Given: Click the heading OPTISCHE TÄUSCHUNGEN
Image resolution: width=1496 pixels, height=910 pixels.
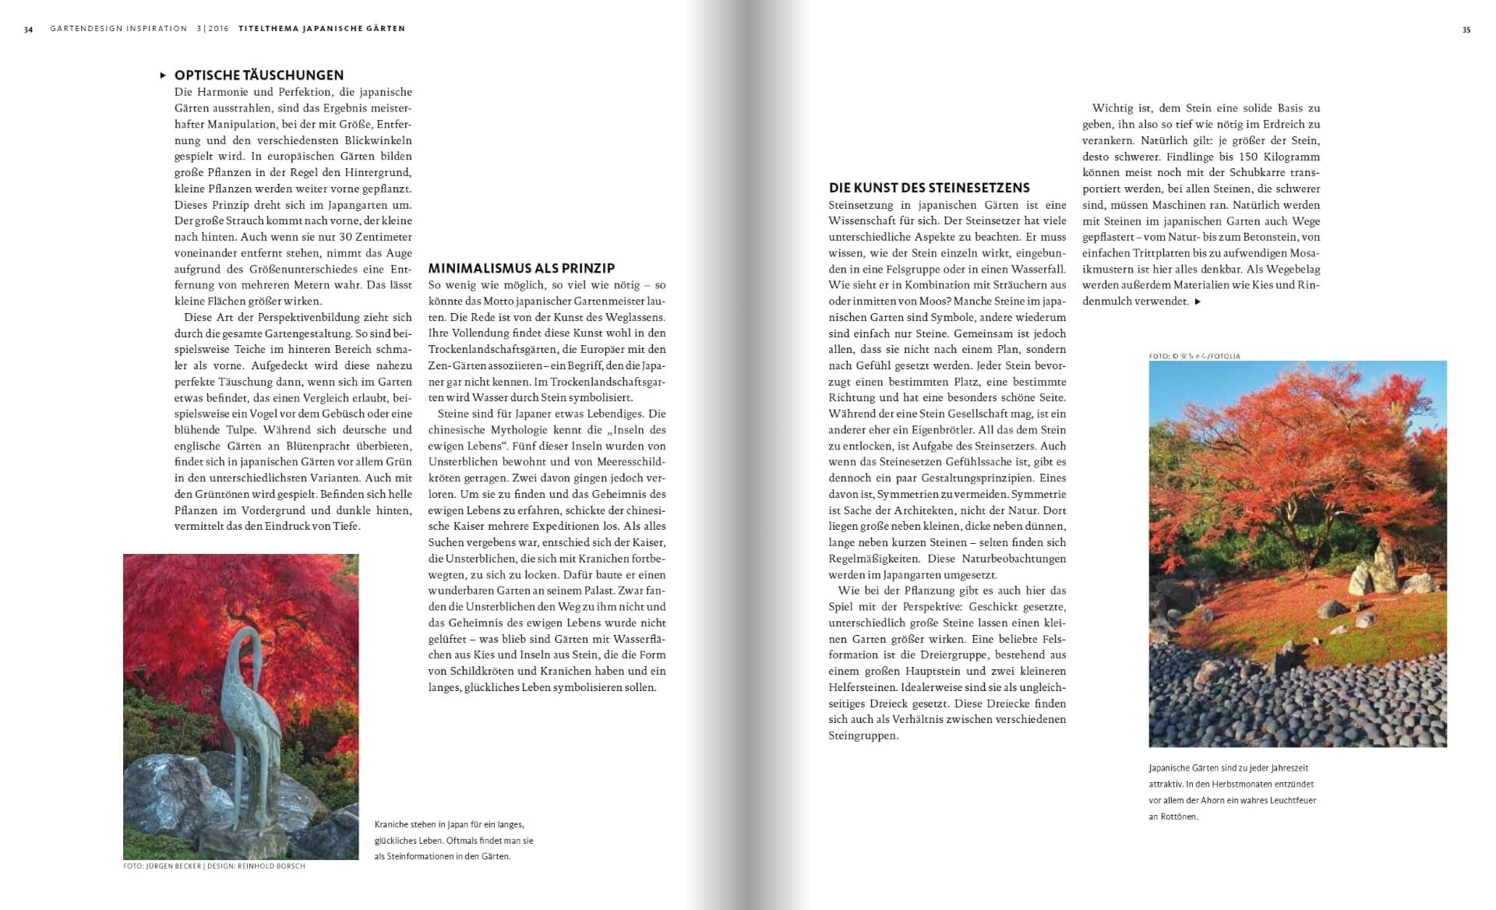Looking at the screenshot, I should [259, 76].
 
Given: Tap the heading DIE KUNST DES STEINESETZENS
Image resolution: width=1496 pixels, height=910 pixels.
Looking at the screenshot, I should [929, 188].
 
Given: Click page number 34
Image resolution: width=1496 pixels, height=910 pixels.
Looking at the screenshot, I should [28, 30].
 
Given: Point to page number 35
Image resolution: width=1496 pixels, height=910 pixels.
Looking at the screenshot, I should [1466, 30].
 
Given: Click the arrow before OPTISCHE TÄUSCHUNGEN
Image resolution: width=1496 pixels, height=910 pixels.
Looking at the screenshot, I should [163, 76].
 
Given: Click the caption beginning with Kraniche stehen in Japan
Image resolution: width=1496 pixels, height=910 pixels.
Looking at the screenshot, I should [453, 840].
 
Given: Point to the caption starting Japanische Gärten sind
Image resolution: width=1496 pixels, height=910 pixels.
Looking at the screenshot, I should [1232, 792].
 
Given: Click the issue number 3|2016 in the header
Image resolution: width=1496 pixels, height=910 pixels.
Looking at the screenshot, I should [213, 29].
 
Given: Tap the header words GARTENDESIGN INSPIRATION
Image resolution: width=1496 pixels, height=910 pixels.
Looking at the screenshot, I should [118, 29].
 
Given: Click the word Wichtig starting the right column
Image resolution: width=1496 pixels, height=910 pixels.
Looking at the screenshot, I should [1113, 108].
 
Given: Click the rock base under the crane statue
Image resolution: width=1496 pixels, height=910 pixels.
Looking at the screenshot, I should [187, 802].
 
